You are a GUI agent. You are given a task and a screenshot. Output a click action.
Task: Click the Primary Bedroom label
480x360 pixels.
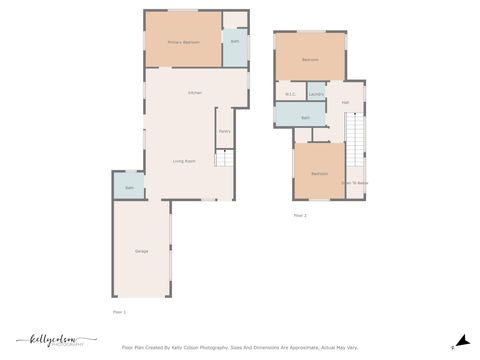tap(183, 42)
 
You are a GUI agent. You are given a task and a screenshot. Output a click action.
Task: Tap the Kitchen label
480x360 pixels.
tap(195, 93)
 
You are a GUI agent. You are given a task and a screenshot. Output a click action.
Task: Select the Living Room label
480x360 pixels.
tap(183, 161)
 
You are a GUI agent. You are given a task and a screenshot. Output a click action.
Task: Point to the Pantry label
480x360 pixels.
tap(224, 130)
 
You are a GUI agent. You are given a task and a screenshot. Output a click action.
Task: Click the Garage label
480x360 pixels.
tap(141, 250)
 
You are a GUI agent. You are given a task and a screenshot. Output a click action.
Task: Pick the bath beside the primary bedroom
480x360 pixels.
tap(235, 42)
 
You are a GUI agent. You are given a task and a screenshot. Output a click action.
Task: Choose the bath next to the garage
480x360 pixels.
tap(129, 188)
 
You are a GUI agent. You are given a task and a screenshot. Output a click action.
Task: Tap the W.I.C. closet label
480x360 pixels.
tap(290, 95)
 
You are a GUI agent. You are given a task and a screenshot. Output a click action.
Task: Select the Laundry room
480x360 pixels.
tap(316, 95)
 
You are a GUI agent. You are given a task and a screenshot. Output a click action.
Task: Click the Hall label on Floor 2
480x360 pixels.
tap(345, 102)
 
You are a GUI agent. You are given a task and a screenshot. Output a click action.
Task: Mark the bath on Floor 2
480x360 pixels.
tap(305, 117)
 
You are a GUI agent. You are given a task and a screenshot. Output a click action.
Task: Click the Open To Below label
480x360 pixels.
tap(354, 183)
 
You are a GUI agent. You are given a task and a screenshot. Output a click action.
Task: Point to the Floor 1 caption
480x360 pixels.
tap(119, 312)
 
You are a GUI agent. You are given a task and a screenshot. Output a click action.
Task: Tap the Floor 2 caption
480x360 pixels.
tap(299, 215)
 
